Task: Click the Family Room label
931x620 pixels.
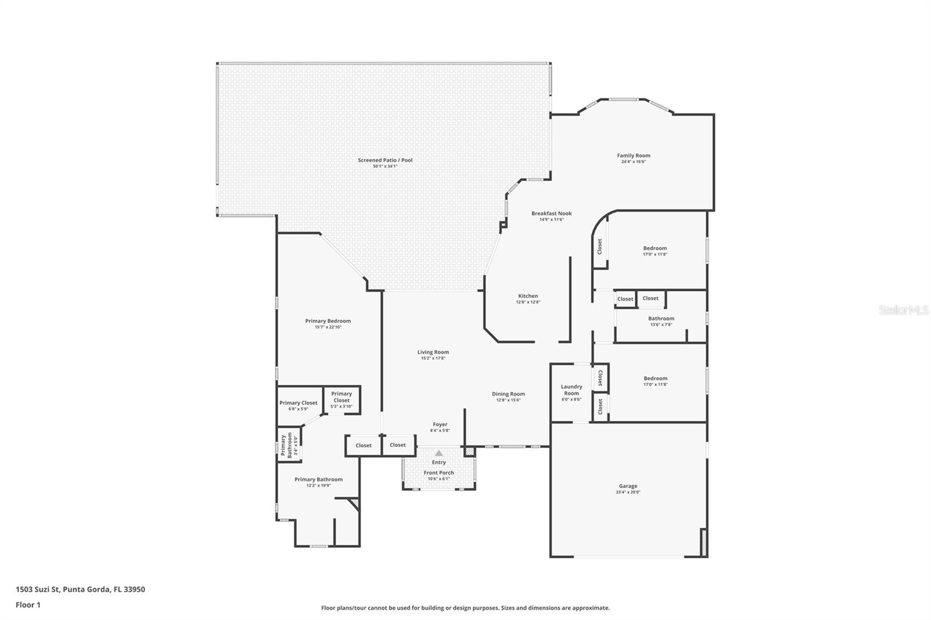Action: point(633,155)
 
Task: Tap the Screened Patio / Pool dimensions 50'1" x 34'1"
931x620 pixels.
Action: point(385,166)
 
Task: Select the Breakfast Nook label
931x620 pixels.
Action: point(551,213)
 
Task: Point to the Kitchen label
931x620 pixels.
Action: point(528,296)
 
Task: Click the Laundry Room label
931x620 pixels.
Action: point(571,390)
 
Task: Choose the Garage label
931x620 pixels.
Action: point(628,486)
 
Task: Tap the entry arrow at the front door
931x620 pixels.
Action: point(439,453)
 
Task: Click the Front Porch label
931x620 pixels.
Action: point(439,473)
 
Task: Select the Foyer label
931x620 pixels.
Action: point(440,425)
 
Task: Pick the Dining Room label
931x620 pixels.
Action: point(508,394)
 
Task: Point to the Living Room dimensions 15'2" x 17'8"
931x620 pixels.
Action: point(433,358)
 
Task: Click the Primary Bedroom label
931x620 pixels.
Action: point(328,321)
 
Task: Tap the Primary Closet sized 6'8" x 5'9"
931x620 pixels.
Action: point(299,405)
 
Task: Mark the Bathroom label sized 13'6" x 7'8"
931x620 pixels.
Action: point(661,321)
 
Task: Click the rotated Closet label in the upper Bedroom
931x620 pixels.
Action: point(599,246)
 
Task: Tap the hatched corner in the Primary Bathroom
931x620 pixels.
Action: point(353,503)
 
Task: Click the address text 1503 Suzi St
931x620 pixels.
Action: point(80,589)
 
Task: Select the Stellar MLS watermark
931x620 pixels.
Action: point(903,310)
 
